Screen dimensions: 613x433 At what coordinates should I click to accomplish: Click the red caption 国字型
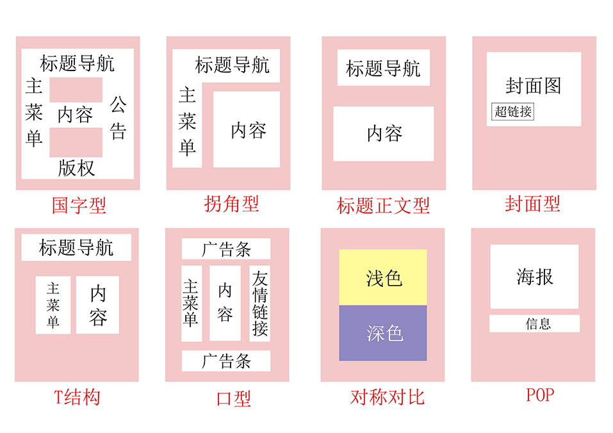point(79,205)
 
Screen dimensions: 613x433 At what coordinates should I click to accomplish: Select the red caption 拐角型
point(231,204)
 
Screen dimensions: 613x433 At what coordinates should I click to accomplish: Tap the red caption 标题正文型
point(383,206)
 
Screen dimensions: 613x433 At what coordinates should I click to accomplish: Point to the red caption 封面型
point(532,204)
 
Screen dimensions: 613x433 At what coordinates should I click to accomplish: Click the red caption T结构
point(77,397)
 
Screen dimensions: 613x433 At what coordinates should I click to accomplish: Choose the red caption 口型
point(234,398)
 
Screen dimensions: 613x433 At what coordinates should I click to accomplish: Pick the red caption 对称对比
point(387,397)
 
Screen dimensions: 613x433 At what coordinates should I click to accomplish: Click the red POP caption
point(540,395)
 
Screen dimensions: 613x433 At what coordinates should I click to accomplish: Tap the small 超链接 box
point(512,111)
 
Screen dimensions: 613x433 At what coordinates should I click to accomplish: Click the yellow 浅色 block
point(383,277)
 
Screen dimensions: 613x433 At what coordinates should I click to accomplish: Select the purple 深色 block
point(383,333)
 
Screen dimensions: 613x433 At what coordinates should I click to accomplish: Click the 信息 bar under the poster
point(534,323)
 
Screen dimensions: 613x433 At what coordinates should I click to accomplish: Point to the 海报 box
point(534,277)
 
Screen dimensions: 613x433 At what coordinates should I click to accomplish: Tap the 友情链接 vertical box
point(259,304)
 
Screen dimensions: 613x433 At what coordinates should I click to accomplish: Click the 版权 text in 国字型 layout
point(77,168)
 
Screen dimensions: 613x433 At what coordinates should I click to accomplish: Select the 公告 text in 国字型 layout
point(118,118)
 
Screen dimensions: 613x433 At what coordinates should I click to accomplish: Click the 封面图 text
point(533,86)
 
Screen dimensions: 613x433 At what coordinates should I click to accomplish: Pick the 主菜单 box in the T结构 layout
point(53,305)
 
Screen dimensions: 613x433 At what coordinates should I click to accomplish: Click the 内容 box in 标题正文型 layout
point(384,134)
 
